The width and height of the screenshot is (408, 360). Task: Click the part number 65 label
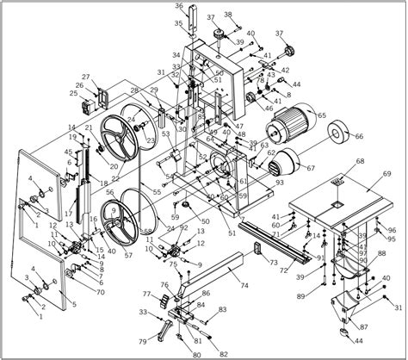point(322,115)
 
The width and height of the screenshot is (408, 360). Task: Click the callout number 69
point(386,174)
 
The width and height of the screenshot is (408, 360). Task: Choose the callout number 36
point(179,6)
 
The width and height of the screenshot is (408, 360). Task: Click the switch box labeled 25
point(85,109)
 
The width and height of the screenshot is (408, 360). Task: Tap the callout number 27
point(87,77)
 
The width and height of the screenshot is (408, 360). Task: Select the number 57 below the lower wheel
point(128,256)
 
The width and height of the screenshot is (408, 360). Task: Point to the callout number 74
point(244,285)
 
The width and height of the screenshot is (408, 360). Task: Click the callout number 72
point(283,270)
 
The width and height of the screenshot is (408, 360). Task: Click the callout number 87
point(364,327)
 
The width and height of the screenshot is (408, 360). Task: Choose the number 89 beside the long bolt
point(300,296)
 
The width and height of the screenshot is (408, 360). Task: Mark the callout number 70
point(100,292)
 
